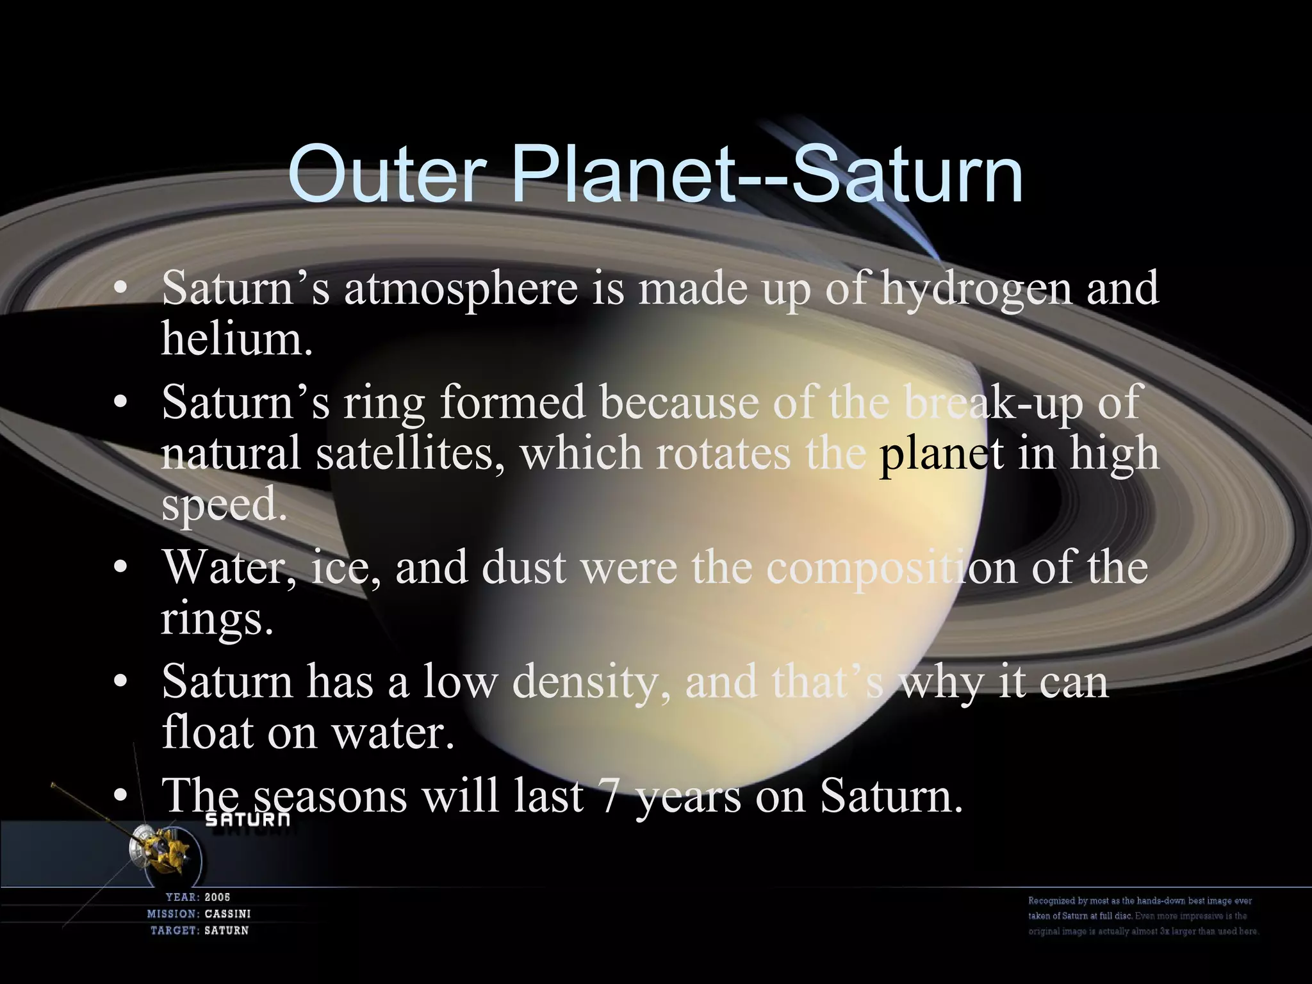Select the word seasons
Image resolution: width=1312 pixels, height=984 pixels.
pyautogui.click(x=329, y=797)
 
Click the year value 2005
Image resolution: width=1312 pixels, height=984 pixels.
pyautogui.click(x=217, y=898)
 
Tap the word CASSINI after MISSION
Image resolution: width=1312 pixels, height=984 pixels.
pyautogui.click(x=227, y=914)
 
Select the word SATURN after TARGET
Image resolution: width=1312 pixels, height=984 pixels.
pyautogui.click(x=226, y=931)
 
